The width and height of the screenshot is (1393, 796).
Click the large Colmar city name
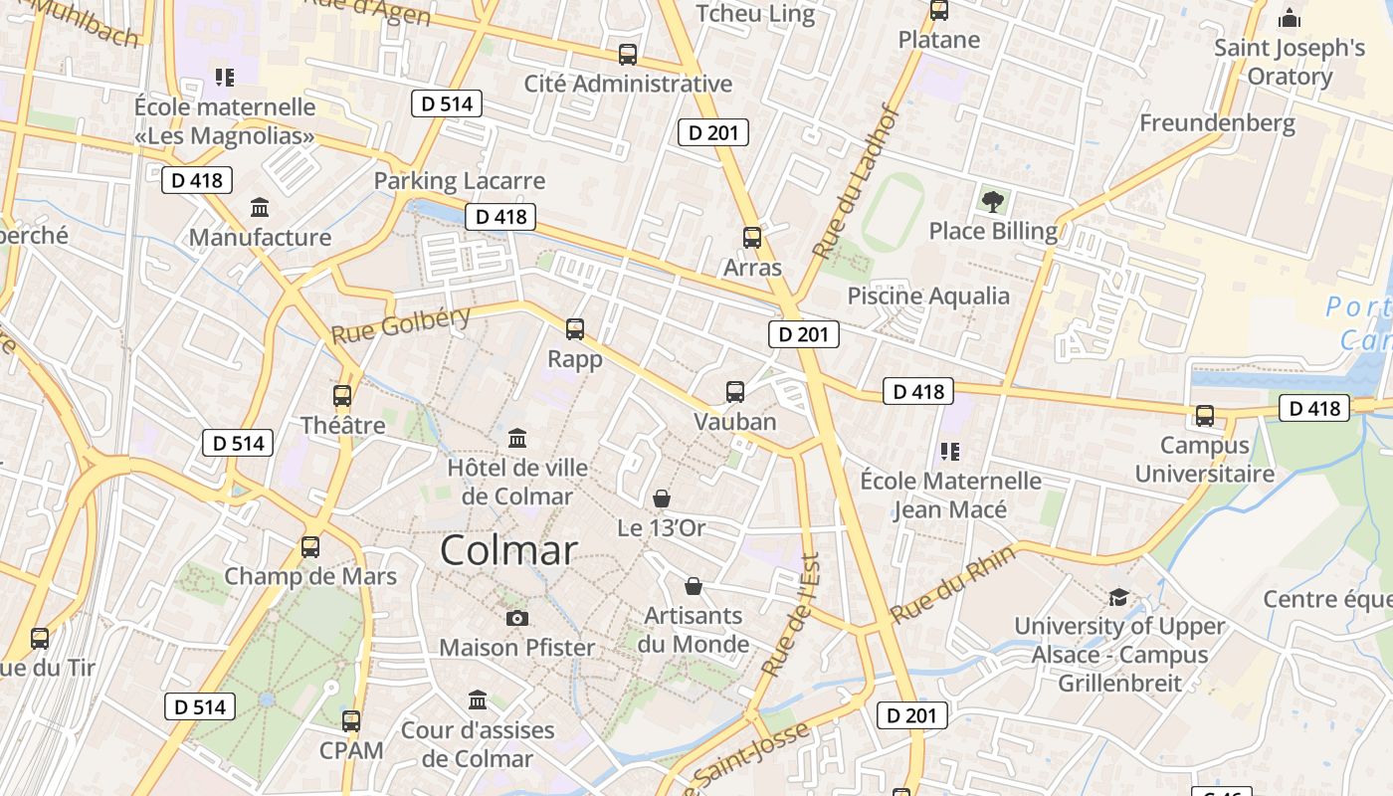coord(508,550)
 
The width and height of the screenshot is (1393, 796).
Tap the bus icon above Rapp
coord(574,329)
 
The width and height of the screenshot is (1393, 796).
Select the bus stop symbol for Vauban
coord(735,392)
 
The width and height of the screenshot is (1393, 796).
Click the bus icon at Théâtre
coord(342,396)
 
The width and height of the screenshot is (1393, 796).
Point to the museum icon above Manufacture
coord(260,208)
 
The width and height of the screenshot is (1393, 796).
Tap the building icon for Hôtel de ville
coord(517,438)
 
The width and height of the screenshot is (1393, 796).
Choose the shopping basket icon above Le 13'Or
coord(662,498)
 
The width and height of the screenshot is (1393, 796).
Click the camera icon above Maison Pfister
coord(516,618)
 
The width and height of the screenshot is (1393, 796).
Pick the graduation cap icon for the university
coord(1119,597)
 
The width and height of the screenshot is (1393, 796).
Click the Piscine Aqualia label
coord(928,296)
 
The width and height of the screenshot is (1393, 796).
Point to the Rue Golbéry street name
coord(401,324)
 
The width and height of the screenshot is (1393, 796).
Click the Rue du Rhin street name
coord(952,585)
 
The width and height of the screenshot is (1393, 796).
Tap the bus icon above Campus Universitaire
coord(1205,416)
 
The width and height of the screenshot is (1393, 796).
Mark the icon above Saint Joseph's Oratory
coord(1290,18)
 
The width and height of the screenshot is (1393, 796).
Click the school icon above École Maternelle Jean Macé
coord(950,452)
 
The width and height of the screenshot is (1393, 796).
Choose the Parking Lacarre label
coord(460,181)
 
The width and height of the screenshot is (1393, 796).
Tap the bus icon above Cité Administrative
coord(628,55)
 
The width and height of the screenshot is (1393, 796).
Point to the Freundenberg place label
coord(1217,123)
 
